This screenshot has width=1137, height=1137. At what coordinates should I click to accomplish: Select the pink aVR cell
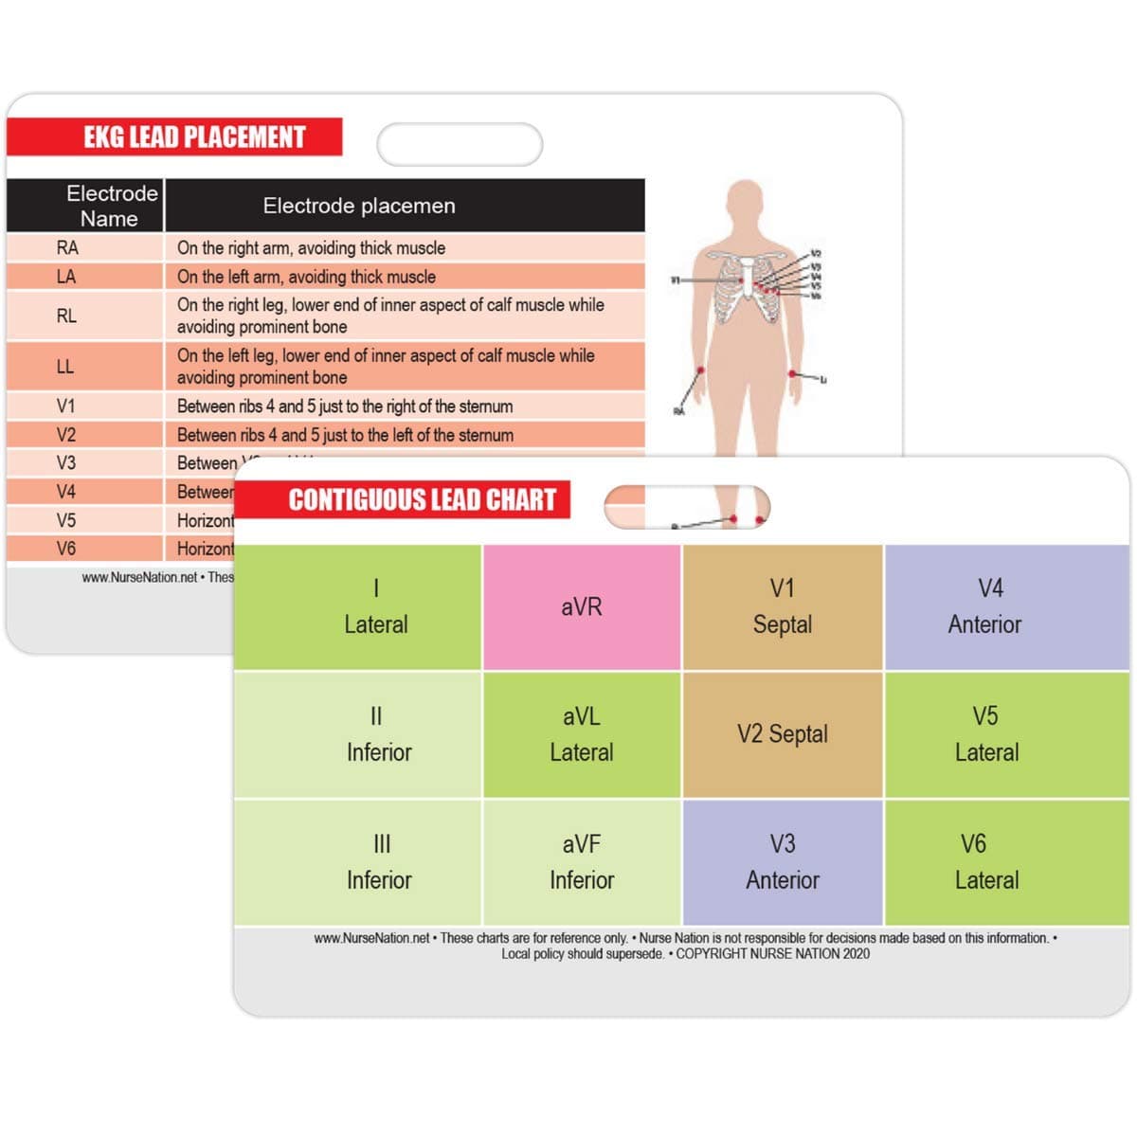tap(581, 607)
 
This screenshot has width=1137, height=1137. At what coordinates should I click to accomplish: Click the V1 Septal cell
tap(782, 607)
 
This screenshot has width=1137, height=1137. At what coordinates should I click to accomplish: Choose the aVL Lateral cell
tap(581, 734)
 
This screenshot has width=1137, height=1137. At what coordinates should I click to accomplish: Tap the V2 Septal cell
tap(782, 734)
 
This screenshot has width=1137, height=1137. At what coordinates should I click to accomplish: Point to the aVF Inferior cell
tap(581, 862)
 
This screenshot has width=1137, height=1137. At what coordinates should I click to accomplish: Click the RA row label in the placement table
tap(67, 248)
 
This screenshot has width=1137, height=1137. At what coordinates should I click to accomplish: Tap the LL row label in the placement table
tap(65, 367)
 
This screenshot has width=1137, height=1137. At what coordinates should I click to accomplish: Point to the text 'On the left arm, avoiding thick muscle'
tap(306, 277)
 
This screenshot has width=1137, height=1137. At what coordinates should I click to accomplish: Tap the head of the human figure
tap(746, 204)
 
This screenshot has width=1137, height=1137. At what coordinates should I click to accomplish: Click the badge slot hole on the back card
tap(460, 145)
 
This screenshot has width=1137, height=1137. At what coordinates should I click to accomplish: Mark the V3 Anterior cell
tap(782, 862)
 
